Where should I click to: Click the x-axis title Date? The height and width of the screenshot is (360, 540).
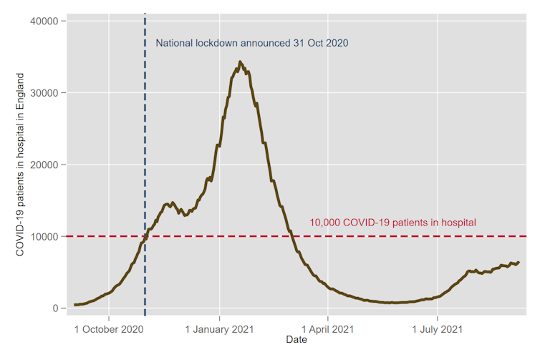point(296,340)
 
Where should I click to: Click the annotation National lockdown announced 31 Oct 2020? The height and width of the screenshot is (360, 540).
point(252,43)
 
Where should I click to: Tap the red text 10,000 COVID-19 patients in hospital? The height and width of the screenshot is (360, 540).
point(392,223)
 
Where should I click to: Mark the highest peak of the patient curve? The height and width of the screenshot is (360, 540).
point(240,62)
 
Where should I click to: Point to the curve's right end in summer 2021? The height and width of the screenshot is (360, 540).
point(519,262)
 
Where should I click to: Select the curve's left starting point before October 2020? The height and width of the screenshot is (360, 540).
point(74,305)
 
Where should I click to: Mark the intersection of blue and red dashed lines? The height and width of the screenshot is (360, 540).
point(145,236)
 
